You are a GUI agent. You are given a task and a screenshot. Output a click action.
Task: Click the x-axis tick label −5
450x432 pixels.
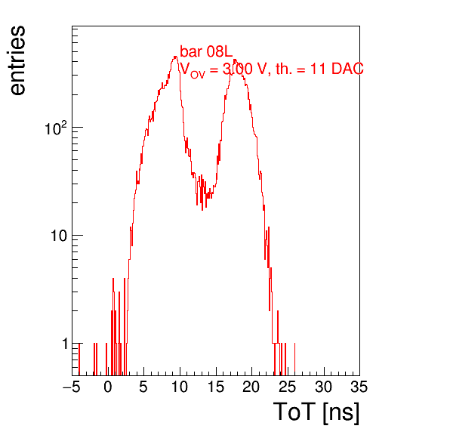point(71,387)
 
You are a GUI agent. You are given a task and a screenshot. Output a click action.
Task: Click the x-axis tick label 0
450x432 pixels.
point(108,387)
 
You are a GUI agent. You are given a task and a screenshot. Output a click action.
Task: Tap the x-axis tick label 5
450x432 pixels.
point(143,387)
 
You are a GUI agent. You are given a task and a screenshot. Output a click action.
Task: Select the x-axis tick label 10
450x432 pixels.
point(180,387)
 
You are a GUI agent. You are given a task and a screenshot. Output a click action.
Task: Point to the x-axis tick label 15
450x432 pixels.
point(216,387)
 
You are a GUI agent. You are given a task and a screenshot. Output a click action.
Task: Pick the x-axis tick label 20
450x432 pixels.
point(251,387)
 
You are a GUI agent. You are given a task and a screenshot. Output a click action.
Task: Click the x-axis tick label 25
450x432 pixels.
point(288,387)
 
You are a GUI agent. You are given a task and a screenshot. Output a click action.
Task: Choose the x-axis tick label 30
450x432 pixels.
point(324,387)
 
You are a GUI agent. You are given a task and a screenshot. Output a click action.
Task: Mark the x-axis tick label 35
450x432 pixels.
point(359,387)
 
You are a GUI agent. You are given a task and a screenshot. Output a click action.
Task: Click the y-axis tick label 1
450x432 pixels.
point(65,344)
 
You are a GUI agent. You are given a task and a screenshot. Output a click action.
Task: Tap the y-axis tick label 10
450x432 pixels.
point(59,236)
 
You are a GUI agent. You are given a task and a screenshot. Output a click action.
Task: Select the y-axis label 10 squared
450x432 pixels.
point(56,128)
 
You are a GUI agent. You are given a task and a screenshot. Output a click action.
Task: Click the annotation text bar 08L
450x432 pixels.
point(206,51)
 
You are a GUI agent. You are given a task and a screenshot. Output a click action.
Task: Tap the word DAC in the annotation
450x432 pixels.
point(347,69)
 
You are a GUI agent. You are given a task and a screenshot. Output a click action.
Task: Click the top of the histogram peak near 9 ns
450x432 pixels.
point(175,57)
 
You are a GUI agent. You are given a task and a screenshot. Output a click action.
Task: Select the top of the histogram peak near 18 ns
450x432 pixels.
point(235,60)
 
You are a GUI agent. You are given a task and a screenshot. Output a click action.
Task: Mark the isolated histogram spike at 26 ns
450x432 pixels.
point(294,359)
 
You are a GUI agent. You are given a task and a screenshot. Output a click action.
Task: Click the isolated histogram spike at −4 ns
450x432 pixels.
point(79,359)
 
